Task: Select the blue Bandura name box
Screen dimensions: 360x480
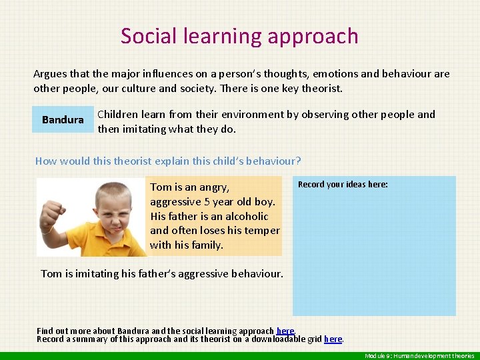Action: point(63,120)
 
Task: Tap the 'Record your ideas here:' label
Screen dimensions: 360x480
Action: point(343,185)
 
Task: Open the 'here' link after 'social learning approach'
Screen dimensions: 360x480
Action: point(285,331)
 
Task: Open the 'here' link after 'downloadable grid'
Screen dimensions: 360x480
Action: point(333,339)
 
